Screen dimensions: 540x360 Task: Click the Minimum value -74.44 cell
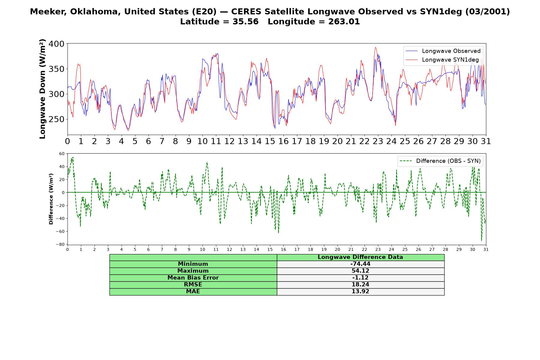coord(360,264)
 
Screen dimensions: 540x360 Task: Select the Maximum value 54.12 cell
coord(360,271)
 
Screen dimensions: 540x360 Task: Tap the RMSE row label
coord(193,285)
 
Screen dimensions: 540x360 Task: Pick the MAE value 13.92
coord(360,291)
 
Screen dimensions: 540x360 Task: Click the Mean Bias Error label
coord(193,278)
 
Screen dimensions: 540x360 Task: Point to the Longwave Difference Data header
coord(360,257)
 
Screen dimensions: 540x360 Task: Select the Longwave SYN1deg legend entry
coord(442,60)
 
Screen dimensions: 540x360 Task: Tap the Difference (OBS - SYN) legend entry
coord(440,161)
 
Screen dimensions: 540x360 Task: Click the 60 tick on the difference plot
coord(62,154)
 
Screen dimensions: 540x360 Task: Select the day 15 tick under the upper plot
coord(270,141)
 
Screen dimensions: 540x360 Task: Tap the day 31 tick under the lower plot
coord(486,249)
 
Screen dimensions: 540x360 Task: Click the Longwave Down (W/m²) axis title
coord(43,89)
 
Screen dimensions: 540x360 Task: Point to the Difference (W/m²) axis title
coord(51,199)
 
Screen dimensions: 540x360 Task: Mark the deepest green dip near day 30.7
coord(481,240)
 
